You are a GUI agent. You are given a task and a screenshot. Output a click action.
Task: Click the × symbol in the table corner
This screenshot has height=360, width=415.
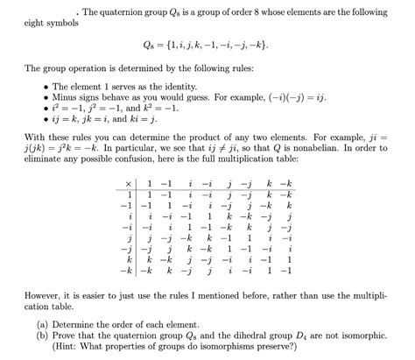click(x=129, y=182)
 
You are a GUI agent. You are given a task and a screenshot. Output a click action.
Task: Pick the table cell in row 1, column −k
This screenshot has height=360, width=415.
click(x=290, y=193)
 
